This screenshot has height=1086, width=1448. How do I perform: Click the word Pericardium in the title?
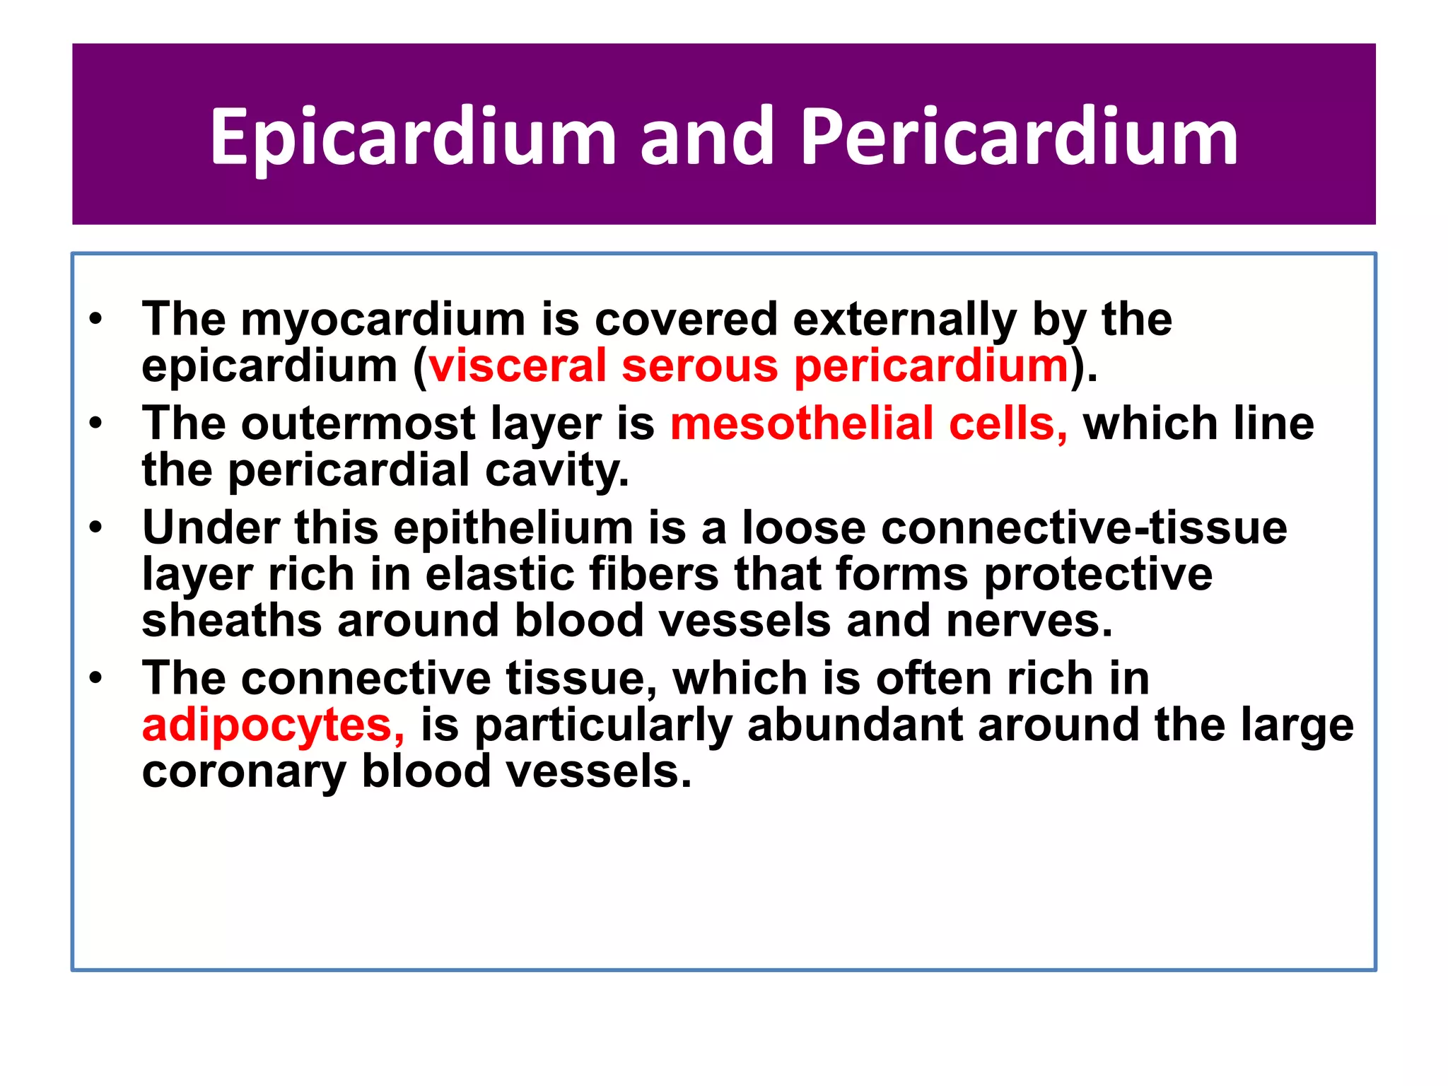[1019, 138]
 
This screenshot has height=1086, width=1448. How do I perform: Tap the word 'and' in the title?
[707, 138]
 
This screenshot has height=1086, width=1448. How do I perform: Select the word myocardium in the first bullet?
[383, 320]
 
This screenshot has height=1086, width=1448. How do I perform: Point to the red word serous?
[700, 366]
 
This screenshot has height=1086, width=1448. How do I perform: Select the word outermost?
[358, 424]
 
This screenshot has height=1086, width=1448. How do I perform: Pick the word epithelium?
[513, 528]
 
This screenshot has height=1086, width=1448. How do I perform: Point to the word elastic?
[500, 574]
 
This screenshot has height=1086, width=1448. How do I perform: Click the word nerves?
[1029, 621]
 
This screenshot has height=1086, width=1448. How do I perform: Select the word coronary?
[243, 772]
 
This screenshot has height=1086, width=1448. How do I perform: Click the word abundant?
[855, 726]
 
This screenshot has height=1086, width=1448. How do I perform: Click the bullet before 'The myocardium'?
[96, 319]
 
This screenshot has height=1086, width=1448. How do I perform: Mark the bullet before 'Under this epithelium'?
[96, 527]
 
